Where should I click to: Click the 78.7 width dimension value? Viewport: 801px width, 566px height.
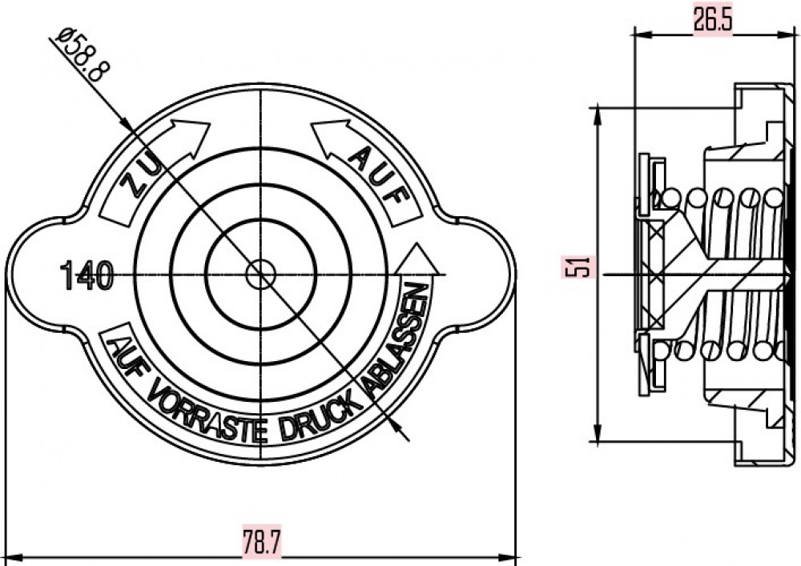click(x=262, y=542)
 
